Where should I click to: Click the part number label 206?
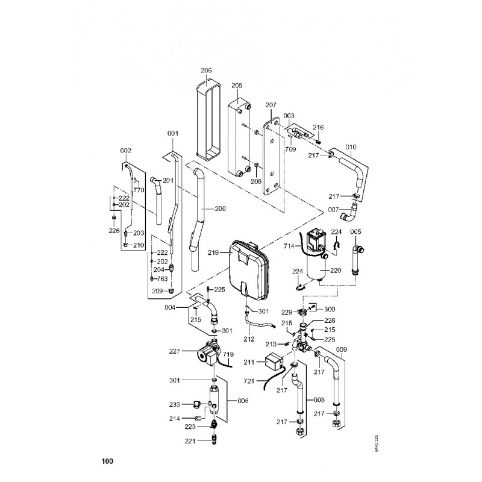pyautogui.click(x=206, y=70)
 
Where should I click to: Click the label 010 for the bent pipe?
pyautogui.click(x=351, y=146)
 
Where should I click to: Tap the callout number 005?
pyautogui.click(x=356, y=232)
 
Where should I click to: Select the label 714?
pyautogui.click(x=289, y=246)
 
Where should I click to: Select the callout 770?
pyautogui.click(x=139, y=190)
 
